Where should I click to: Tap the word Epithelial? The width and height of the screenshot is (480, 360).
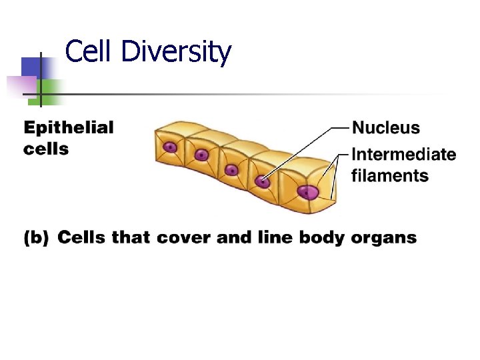(69, 128)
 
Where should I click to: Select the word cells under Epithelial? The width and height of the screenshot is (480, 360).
(46, 149)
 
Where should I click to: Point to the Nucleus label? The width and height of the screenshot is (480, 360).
(386, 127)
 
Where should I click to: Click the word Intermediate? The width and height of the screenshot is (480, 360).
(403, 155)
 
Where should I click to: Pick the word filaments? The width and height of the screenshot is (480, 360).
(390, 176)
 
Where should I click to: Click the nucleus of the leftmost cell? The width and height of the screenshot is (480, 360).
(171, 147)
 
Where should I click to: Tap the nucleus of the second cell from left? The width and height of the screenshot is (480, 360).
(201, 155)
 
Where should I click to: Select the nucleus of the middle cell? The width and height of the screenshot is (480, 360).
(231, 169)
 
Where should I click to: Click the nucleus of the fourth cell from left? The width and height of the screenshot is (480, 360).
(263, 181)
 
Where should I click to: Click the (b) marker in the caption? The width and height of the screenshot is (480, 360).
(36, 237)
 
